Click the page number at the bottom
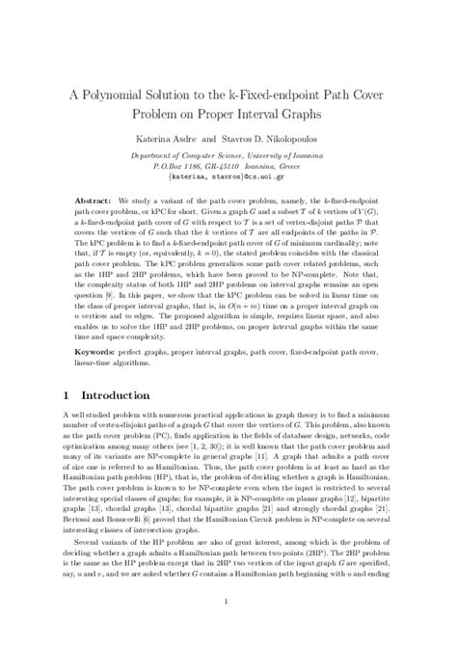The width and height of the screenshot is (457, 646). [228, 605]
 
